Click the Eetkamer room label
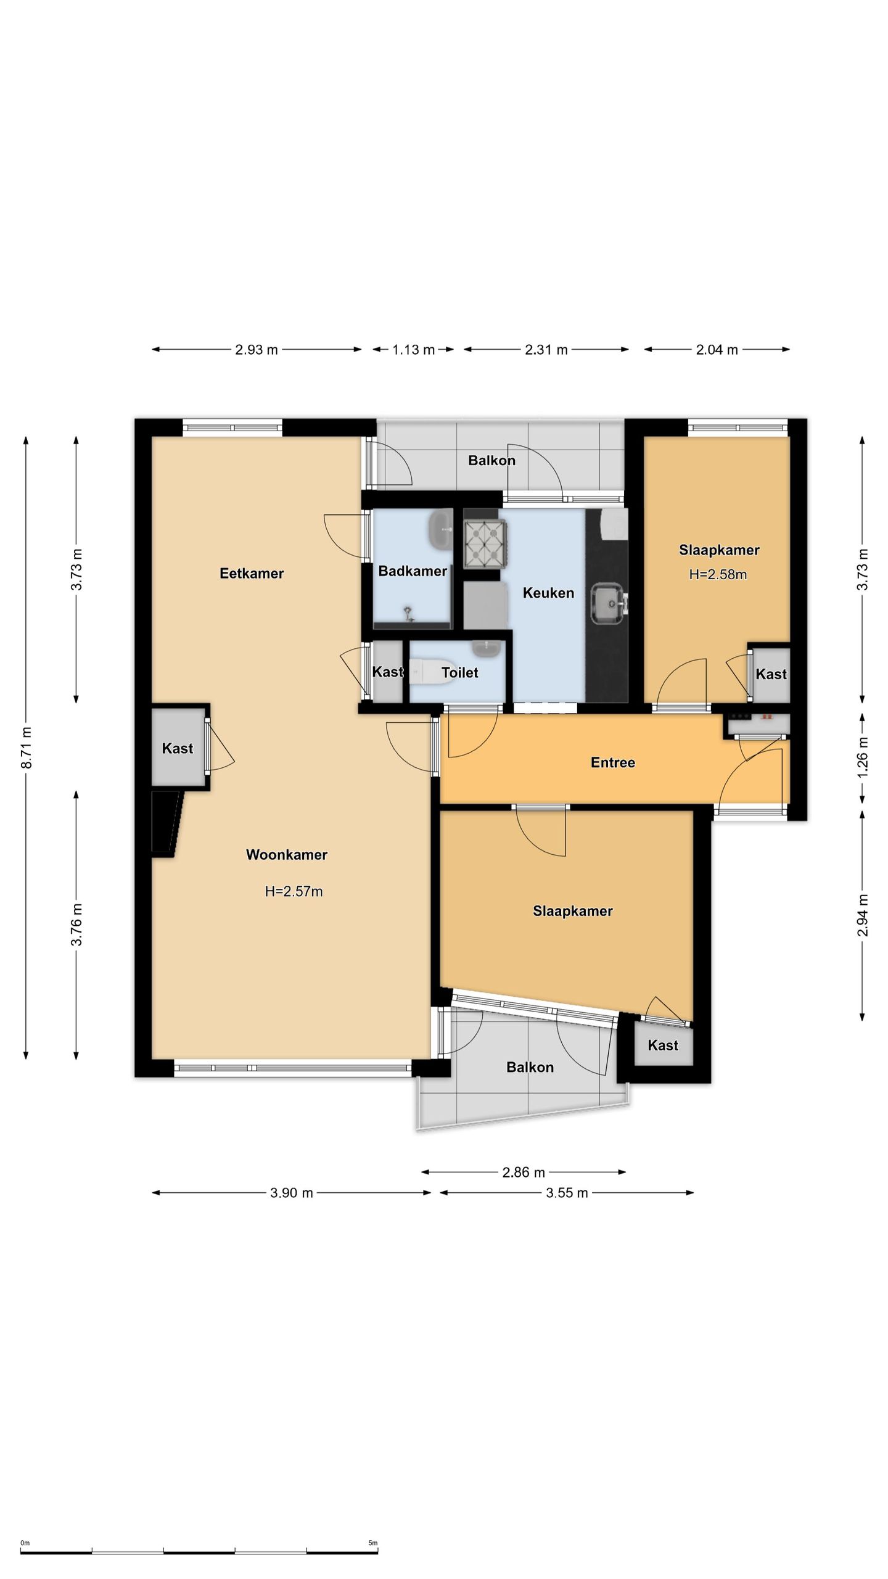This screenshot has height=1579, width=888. click(x=252, y=574)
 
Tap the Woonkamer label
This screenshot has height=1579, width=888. click(x=287, y=855)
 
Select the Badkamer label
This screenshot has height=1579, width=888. click(x=413, y=571)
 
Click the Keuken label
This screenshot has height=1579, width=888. click(x=548, y=593)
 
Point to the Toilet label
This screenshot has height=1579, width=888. click(x=460, y=672)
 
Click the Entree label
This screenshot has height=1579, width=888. click(x=613, y=763)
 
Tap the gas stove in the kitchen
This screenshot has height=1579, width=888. click(x=485, y=543)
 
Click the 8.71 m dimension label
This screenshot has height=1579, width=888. click(x=26, y=748)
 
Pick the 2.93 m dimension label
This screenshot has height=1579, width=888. click(x=257, y=350)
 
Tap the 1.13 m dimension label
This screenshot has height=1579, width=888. click(x=414, y=350)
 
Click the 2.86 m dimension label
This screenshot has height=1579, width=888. click(x=524, y=1172)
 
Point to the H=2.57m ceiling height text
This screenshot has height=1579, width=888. click(x=294, y=891)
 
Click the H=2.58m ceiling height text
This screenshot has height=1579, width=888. click(x=718, y=575)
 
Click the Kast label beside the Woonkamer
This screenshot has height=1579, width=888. click(x=178, y=748)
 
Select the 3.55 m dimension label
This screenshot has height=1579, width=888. click(x=567, y=1193)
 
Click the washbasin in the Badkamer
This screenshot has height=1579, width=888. click(x=440, y=530)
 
